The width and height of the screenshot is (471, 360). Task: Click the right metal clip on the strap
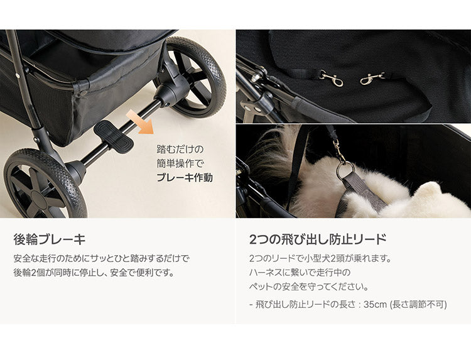click(373, 79)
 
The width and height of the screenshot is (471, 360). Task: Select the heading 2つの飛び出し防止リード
click(318, 239)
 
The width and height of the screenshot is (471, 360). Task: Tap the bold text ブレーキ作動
click(184, 178)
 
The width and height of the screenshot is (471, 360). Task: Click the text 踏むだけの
click(180, 150)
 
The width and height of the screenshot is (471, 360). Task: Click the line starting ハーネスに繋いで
click(300, 273)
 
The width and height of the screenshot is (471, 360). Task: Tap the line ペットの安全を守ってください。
click(308, 287)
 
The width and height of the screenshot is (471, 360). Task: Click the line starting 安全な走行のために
click(101, 258)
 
